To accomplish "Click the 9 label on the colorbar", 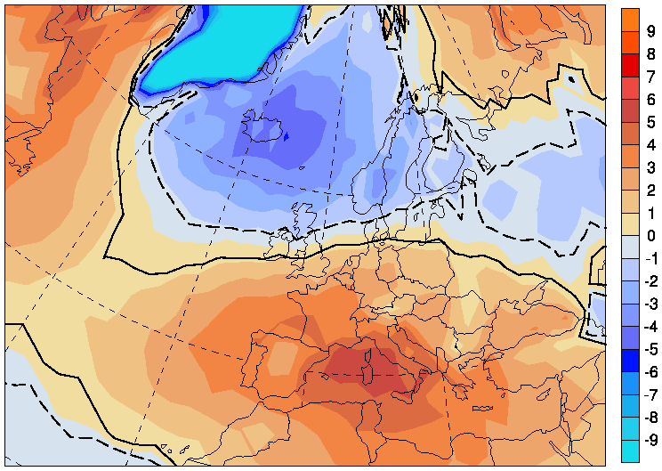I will pyautogui.click(x=651, y=30).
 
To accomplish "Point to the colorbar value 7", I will pyautogui.click(x=651, y=77).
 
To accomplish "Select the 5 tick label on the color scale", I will pyautogui.click(x=651, y=122).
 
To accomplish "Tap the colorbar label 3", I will pyautogui.click(x=651, y=167).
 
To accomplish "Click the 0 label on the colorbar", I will pyautogui.click(x=651, y=235).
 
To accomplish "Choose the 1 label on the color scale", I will pyautogui.click(x=651, y=213).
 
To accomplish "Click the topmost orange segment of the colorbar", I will pyautogui.click(x=630, y=19).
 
